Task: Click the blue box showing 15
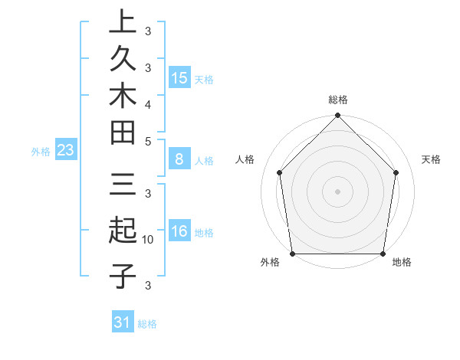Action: [179, 77]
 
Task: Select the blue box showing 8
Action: [179, 159]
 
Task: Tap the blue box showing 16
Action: [179, 232]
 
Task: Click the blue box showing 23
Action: [65, 150]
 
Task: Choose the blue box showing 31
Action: [123, 322]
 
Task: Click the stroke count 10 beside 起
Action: [148, 240]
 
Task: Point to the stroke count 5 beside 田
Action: [148, 141]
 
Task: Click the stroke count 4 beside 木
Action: [148, 103]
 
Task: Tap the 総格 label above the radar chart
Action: [338, 100]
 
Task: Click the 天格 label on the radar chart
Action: [431, 159]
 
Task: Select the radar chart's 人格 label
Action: [245, 159]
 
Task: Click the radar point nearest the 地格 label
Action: [383, 254]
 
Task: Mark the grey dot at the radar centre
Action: [337, 191]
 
